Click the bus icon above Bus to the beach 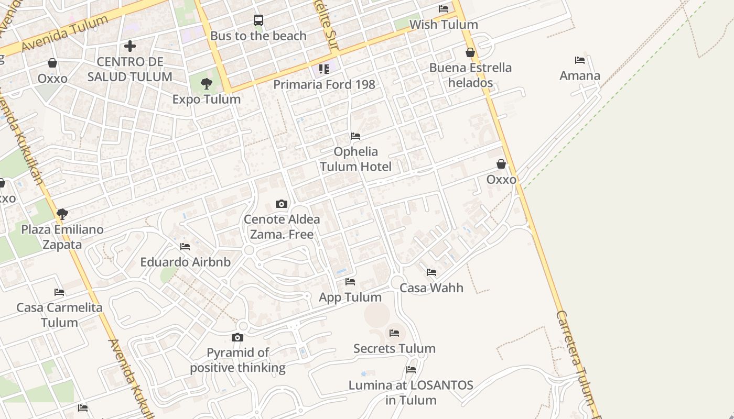258,20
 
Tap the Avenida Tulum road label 65,34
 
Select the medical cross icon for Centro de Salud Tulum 130,46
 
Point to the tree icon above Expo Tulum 207,83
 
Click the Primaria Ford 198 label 324,84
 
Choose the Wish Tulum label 444,25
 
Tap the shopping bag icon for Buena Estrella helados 470,52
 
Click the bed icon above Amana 580,60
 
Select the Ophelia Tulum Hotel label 355,159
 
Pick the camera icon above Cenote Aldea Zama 282,204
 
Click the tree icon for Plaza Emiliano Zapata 62,214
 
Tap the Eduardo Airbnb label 185,262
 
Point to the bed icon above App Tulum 350,282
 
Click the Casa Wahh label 431,288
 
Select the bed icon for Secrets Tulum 394,333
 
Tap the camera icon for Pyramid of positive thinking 238,337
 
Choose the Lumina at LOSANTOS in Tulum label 411,393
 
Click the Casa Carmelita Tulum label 59,315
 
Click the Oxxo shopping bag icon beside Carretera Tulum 501,164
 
